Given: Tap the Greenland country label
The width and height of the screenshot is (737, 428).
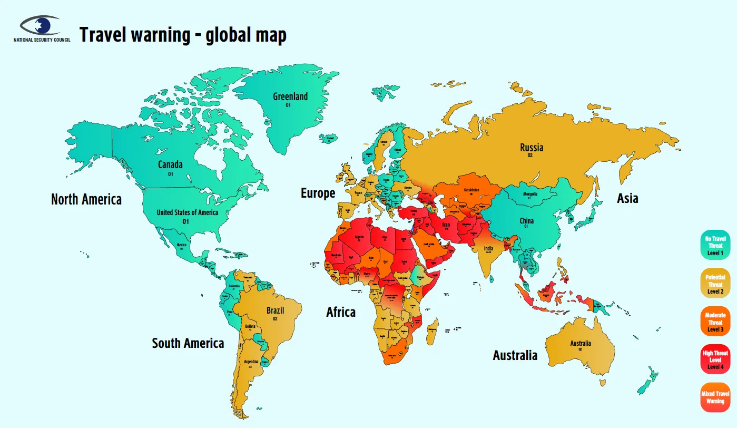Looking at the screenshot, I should click(x=290, y=97).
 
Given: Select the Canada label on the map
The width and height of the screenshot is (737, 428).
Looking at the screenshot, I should click(x=170, y=165).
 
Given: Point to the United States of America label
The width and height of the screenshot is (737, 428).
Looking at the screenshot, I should click(x=187, y=213).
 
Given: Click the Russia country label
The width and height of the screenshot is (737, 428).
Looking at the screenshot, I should click(x=531, y=148).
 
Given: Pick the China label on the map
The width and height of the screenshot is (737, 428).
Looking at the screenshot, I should click(x=526, y=221).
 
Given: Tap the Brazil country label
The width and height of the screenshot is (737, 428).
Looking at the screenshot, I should click(x=275, y=311).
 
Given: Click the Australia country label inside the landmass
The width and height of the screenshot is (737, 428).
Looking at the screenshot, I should click(x=581, y=344).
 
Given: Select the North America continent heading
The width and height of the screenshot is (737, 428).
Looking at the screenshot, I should click(x=86, y=200).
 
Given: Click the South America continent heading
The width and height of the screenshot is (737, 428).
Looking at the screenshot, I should click(x=188, y=344).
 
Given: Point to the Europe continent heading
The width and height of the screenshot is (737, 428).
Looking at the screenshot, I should click(x=318, y=193).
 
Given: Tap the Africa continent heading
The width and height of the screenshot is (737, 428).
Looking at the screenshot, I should click(x=341, y=312).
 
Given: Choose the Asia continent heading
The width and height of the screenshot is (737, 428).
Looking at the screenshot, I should click(x=627, y=199).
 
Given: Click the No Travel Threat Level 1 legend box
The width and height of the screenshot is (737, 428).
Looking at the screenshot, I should click(x=715, y=246).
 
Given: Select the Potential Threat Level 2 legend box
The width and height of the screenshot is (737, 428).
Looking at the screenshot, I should click(x=715, y=284).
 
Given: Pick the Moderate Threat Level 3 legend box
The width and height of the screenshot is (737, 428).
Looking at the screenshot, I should click(x=715, y=322).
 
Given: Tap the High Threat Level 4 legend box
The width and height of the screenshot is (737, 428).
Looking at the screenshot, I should click(x=715, y=359).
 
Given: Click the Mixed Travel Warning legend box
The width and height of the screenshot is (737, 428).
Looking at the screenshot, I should click(x=715, y=397).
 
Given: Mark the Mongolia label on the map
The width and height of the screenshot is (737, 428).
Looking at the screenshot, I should click(x=530, y=194).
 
